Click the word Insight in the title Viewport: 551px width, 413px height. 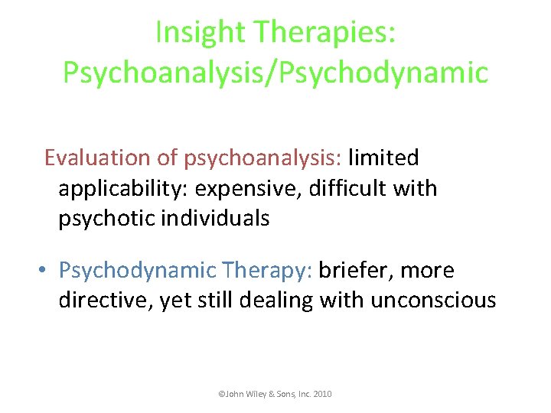(201, 32)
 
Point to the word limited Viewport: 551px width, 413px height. (383, 158)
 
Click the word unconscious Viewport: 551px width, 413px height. (433, 301)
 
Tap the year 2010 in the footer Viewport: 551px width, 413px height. (322, 394)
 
